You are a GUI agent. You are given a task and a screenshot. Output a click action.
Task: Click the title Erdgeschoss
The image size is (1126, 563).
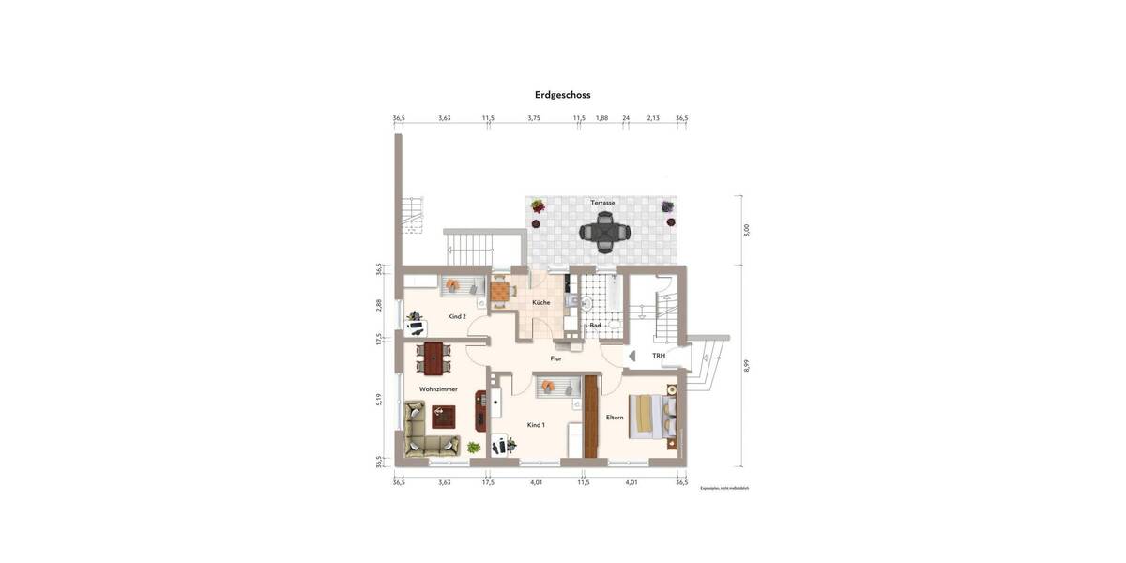pos(562,95)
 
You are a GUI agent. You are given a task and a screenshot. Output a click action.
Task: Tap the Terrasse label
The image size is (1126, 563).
pos(602,203)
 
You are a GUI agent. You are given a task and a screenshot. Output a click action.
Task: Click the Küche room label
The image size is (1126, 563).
pos(541,302)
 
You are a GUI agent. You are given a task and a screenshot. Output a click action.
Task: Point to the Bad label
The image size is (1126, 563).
pos(595,326)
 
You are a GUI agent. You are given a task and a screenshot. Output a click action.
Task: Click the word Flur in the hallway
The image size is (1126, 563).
pos(555,358)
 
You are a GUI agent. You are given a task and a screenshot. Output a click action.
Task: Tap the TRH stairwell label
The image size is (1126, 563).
pos(659,357)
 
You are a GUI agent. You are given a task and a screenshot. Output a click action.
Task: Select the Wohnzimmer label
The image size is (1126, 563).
pos(438,388)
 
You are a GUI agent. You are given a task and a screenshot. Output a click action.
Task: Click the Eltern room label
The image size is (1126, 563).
pos(615,417)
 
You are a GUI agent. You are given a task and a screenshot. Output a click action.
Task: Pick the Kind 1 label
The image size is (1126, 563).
pos(536,425)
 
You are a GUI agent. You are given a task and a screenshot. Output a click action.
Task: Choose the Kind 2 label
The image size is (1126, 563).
pos(457,316)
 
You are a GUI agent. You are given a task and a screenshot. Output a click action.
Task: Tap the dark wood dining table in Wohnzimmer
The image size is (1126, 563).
pos(433,357)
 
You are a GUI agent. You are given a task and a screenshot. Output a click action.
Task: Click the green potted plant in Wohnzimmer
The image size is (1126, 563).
pos(474,448)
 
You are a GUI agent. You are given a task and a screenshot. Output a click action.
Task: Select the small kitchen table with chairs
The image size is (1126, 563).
pos(501,293)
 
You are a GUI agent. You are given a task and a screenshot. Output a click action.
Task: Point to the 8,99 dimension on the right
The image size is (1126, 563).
pos(747,366)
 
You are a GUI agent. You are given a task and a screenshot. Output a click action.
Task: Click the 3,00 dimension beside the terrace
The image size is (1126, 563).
pos(747,230)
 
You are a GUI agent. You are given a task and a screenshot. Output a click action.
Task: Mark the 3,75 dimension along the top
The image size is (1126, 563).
pos(534,118)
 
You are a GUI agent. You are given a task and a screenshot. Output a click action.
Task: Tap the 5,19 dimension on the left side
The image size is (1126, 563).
pos(379,399)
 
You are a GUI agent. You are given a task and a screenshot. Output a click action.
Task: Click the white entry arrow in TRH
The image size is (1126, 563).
pos(631,357)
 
